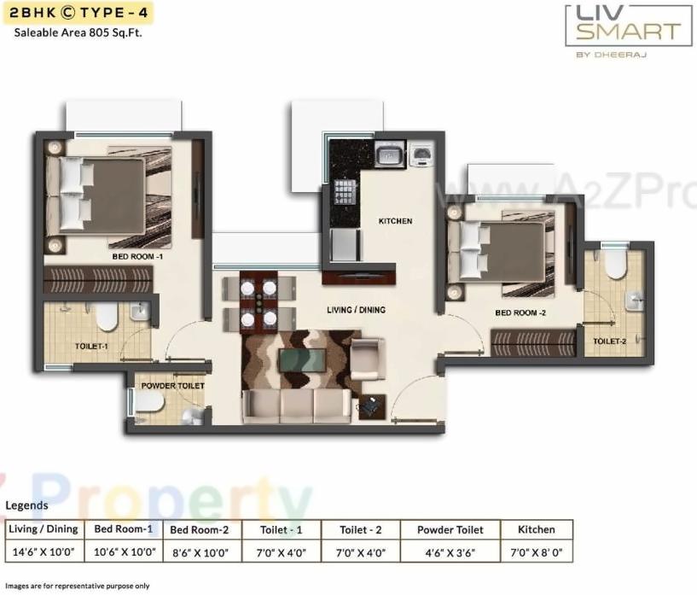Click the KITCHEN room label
395,221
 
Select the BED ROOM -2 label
520,313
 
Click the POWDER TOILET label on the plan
173,386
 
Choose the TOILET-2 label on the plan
610,341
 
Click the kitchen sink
390,155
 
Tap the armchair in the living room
369,358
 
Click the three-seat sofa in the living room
296,405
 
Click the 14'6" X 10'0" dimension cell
43,552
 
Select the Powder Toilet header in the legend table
450,530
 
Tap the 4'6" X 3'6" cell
450,552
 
